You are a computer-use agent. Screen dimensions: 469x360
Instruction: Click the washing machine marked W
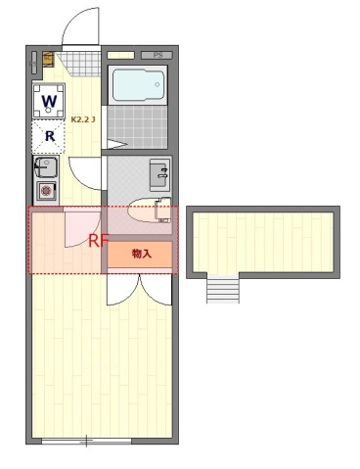click(49, 99)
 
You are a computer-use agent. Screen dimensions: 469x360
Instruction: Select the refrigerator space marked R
click(49, 136)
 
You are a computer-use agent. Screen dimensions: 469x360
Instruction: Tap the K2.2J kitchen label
click(82, 119)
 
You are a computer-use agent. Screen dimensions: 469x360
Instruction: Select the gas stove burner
click(46, 191)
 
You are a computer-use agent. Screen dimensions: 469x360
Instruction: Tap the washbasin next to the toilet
click(160, 176)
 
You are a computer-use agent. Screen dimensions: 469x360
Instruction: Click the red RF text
click(99, 239)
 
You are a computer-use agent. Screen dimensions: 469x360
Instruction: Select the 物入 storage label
click(142, 255)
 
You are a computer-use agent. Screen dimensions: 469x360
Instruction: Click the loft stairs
click(222, 290)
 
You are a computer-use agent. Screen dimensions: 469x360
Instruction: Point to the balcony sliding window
click(86, 442)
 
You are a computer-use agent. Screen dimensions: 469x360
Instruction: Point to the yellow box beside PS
click(121, 56)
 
